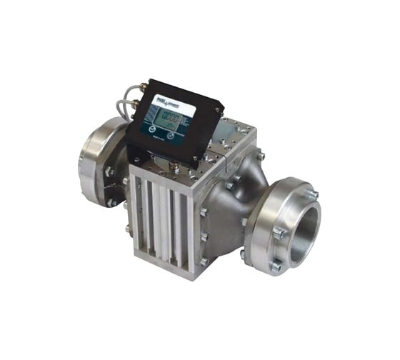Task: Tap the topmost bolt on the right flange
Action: pyautogui.click(x=311, y=194)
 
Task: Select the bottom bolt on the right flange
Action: pyautogui.click(x=276, y=267)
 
